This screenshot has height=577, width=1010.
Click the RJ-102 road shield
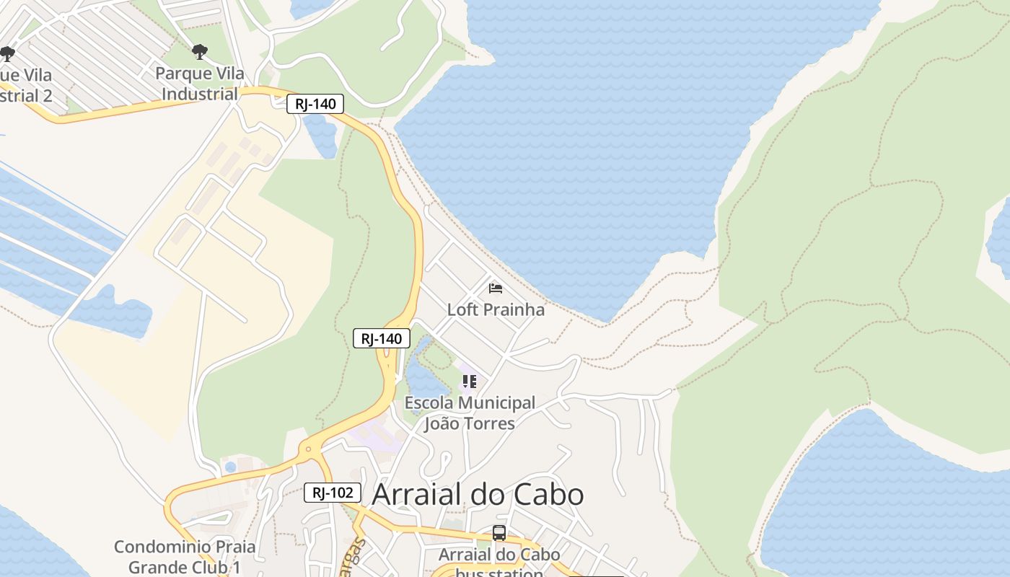(x=332, y=493)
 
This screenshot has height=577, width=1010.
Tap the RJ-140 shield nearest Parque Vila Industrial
(x=315, y=104)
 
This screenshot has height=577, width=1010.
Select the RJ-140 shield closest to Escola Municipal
(x=382, y=338)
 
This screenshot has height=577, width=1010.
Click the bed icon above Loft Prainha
(x=496, y=288)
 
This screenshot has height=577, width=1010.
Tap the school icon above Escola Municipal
(x=470, y=381)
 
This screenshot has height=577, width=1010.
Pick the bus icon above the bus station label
(x=499, y=533)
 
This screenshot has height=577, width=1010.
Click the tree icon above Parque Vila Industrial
(x=200, y=52)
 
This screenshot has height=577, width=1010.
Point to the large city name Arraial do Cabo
(x=477, y=495)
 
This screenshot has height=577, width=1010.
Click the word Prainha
(x=515, y=310)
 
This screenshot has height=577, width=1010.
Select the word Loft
(x=464, y=310)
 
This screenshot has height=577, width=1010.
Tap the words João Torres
(x=469, y=423)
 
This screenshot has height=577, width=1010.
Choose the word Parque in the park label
(x=182, y=74)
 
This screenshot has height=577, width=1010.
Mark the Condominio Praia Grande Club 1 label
(x=185, y=557)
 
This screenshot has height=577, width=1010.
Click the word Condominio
(x=164, y=547)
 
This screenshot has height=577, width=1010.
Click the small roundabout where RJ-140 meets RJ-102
(x=309, y=449)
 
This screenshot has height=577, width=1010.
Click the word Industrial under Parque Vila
(x=199, y=94)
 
